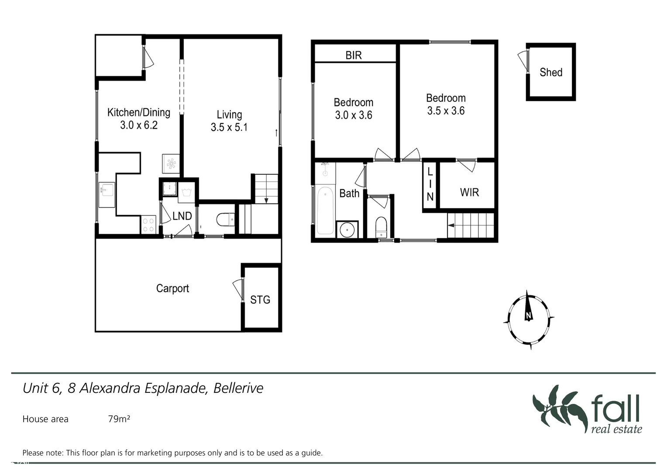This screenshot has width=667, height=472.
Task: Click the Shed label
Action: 550,72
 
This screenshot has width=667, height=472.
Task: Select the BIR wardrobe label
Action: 354,55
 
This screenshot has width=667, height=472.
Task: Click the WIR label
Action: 469,192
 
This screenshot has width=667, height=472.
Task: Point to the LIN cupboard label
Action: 430,184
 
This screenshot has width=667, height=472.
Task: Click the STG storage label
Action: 260,300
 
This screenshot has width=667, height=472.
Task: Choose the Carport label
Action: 172,288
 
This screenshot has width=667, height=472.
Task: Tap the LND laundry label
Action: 182,216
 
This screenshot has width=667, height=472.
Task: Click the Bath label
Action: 349,193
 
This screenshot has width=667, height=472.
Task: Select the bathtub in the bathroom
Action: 325,211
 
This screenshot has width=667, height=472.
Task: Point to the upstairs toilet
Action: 381,226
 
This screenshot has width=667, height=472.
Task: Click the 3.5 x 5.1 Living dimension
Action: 229,128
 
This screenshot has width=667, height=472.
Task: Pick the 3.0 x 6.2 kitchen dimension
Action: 139,125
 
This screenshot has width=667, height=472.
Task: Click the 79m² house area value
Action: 119,419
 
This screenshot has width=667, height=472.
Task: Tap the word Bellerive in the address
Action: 238,388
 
